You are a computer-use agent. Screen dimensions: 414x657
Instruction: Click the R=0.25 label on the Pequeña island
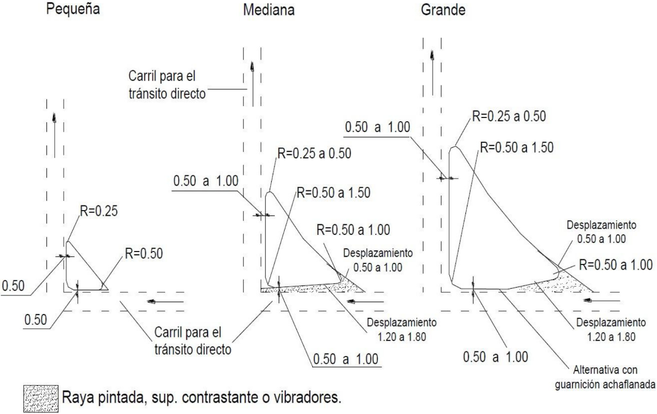99,210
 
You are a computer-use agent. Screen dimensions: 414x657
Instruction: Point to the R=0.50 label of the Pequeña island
143,253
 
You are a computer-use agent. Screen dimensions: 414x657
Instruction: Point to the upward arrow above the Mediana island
252,72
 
